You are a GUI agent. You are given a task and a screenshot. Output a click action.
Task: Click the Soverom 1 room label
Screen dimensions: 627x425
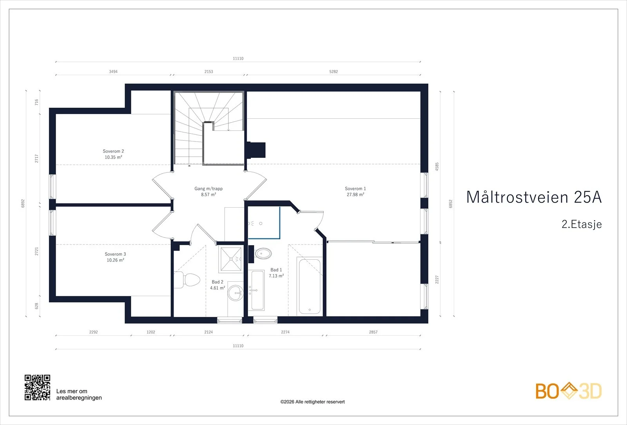coord(355,188)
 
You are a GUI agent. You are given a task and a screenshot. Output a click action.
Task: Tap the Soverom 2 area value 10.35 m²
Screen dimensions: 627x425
coord(113,157)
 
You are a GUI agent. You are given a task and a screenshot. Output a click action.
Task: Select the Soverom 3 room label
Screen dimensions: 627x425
coord(115,254)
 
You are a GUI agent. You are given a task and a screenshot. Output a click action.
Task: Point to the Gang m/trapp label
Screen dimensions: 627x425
coord(208,188)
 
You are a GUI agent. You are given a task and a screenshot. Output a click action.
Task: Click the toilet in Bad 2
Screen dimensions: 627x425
coord(187,280)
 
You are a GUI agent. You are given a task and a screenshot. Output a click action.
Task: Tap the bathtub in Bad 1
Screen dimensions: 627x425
coord(310,286)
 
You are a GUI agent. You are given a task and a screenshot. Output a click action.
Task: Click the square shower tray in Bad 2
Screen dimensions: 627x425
coord(231,259)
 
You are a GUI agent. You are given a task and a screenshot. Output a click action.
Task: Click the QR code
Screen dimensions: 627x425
coord(38,387)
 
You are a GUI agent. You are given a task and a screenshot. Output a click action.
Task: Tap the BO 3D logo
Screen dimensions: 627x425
coord(569,391)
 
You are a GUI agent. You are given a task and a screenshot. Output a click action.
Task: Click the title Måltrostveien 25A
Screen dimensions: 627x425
coord(534,197)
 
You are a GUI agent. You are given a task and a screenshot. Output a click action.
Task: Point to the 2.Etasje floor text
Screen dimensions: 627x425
coord(582,224)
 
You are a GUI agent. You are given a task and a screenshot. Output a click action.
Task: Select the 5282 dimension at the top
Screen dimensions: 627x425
coord(333,72)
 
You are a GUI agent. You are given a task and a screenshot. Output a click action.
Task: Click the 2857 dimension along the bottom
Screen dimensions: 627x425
coord(373,332)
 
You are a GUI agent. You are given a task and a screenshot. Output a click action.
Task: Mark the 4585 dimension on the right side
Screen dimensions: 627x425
coord(437,167)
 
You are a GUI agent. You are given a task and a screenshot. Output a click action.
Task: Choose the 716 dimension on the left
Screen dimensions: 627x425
coord(36,102)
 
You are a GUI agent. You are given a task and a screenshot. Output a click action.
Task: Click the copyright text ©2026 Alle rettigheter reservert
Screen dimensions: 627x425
coord(312,402)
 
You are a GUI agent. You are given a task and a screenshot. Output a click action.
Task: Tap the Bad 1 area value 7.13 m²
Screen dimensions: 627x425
coord(276,276)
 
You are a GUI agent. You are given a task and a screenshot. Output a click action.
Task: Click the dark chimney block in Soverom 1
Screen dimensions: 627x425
coord(256,150)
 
